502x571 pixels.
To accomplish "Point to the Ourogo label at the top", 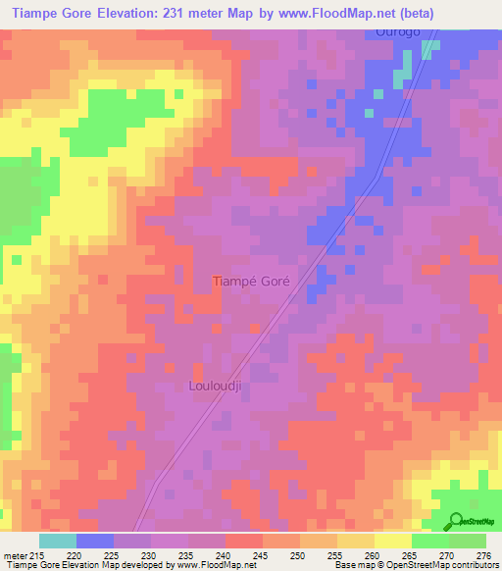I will (398, 32).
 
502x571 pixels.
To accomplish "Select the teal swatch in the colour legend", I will (58, 541).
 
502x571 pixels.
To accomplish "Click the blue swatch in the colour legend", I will (95, 541).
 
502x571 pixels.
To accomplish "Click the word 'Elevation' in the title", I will (126, 10).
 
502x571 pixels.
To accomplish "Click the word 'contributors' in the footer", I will (471, 565).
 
